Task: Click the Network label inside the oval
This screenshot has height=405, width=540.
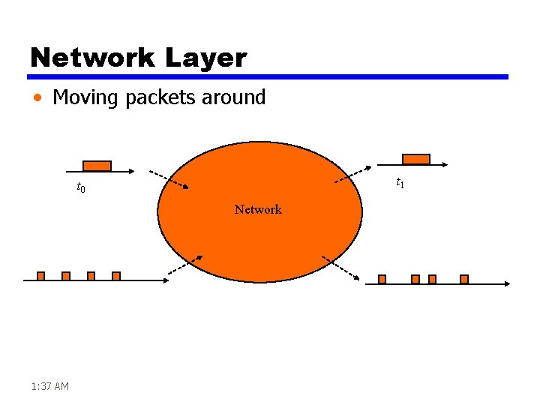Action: (258, 209)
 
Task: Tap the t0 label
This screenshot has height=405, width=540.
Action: (81, 187)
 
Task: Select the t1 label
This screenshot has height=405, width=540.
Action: (400, 183)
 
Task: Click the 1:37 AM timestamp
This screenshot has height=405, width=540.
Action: (50, 386)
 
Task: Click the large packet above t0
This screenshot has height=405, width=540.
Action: (97, 166)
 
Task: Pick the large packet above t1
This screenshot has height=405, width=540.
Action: (416, 159)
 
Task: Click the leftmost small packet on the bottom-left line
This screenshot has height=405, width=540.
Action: (41, 276)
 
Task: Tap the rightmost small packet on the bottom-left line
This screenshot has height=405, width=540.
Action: (116, 276)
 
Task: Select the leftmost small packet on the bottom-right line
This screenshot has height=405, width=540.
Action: (382, 279)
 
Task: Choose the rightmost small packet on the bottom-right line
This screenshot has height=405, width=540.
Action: (464, 279)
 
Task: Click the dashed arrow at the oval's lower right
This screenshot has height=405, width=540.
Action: (340, 268)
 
